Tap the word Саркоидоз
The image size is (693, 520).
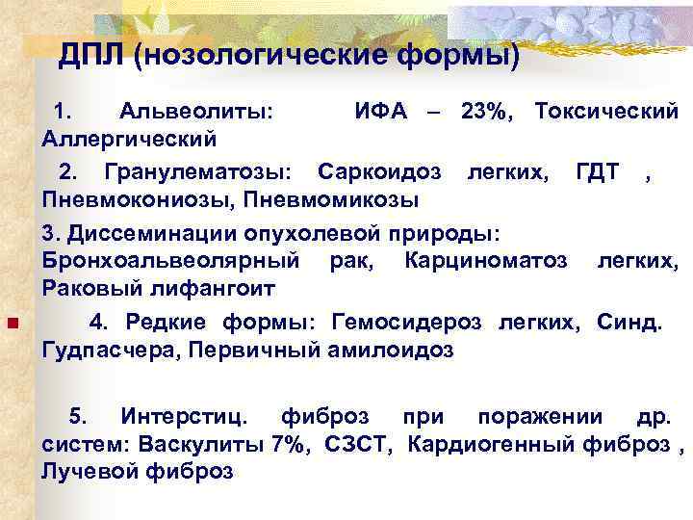point(380,173)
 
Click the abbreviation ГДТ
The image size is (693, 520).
point(597,173)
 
